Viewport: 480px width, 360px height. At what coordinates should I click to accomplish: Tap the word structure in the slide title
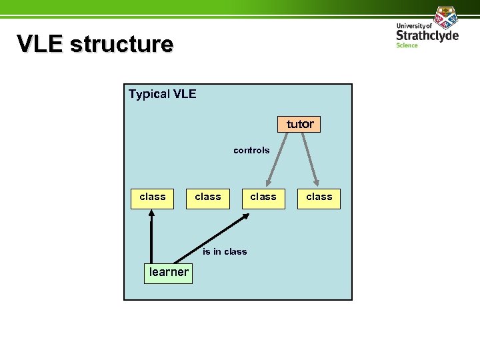pyautogui.click(x=121, y=44)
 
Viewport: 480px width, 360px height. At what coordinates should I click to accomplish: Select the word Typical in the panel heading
pyautogui.click(x=149, y=94)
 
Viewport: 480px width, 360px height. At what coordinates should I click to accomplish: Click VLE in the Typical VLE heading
pyautogui.click(x=185, y=94)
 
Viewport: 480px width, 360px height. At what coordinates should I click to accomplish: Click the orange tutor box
pyautogui.click(x=299, y=124)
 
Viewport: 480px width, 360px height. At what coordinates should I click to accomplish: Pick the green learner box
pyautogui.click(x=169, y=272)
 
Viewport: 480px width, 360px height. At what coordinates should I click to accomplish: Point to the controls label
pyautogui.click(x=251, y=151)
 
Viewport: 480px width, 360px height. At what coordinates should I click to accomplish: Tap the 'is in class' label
pyautogui.click(x=225, y=251)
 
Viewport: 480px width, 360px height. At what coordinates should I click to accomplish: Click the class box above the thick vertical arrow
pyautogui.click(x=152, y=197)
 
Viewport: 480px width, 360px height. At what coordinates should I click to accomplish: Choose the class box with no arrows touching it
pyautogui.click(x=207, y=197)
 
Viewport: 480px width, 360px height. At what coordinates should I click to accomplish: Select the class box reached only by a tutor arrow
pyautogui.click(x=319, y=197)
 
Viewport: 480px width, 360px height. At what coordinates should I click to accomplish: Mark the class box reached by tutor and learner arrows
pyautogui.click(x=263, y=197)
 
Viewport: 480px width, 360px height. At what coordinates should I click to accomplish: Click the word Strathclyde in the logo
pyautogui.click(x=427, y=35)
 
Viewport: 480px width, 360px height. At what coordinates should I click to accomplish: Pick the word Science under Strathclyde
pyautogui.click(x=407, y=45)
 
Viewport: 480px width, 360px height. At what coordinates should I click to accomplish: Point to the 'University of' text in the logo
pyautogui.click(x=414, y=25)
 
